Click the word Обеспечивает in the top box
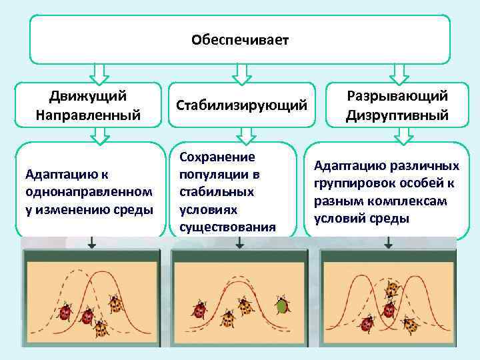tap(239, 41)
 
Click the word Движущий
tap(89, 95)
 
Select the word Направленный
tap(89, 115)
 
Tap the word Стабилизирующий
tap(241, 105)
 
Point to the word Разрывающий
tap(397, 95)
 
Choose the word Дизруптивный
tap(397, 115)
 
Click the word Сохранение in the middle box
tap(217, 157)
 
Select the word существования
tap(227, 227)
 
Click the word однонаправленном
tap(89, 191)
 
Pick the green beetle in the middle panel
tap(281, 306)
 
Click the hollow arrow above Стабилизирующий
tap(241, 72)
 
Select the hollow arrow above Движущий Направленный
tap(99, 72)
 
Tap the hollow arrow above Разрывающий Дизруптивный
tap(399, 72)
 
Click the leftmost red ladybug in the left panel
tap(65, 313)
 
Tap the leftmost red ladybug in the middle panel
tap(199, 310)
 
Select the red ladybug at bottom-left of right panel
tap(367, 324)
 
